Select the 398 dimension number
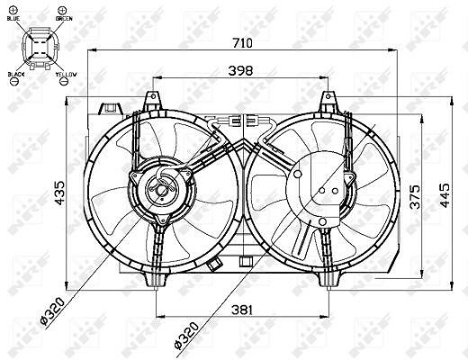240,70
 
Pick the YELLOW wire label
66,73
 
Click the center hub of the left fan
163,189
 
